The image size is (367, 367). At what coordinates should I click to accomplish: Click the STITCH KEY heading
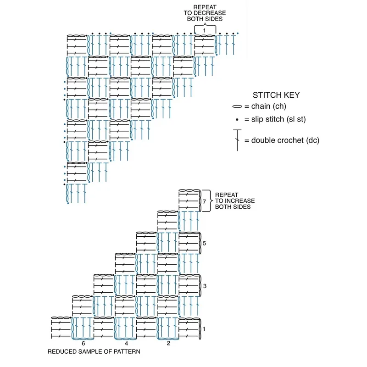276,95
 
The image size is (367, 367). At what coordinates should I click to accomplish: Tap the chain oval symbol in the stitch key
237,106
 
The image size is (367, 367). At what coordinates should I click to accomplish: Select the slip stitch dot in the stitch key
237,120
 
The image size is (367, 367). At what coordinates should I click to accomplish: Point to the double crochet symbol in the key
237,140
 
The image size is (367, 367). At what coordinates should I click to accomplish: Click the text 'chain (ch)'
269,106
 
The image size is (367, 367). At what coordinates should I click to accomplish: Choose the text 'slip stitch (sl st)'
278,119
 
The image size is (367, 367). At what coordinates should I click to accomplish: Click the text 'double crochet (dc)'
285,140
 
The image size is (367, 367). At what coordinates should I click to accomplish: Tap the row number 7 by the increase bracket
204,201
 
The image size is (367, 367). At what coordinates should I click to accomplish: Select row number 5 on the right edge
204,244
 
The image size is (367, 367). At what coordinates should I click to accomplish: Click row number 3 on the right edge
205,286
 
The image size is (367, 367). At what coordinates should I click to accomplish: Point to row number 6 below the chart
83,343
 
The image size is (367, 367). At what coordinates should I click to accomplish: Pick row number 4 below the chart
127,343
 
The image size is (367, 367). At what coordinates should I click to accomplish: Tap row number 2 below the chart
168,343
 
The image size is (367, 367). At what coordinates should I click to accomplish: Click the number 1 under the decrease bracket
204,30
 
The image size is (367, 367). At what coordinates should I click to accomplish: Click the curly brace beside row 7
210,201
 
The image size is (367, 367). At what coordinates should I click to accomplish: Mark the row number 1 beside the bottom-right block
204,329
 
